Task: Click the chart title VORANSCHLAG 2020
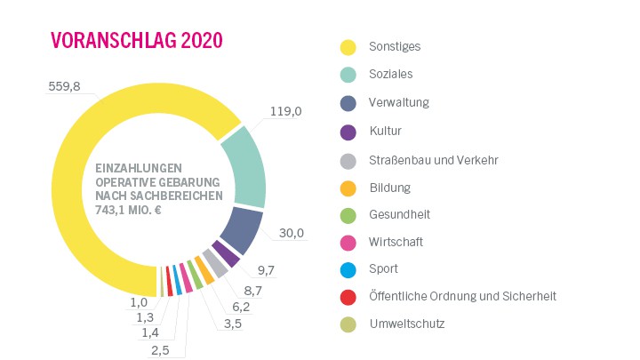136,41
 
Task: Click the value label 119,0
284,112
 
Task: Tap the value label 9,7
267,268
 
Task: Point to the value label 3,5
233,324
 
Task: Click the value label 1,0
140,302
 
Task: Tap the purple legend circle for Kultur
348,132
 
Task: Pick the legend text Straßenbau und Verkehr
433,161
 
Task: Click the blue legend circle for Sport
348,269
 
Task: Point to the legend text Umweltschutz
406,324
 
